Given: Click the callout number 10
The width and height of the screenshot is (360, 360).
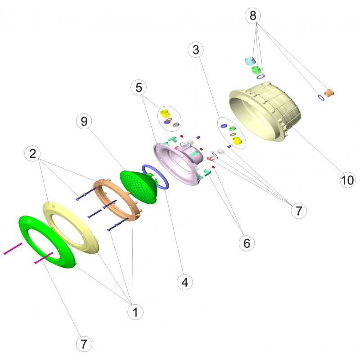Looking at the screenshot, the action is click(347, 180).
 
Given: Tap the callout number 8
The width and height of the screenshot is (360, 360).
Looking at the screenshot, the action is click(253, 16).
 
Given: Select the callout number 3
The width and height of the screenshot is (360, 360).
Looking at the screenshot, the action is click(196, 49).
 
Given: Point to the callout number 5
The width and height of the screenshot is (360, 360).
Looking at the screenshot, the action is click(139, 87).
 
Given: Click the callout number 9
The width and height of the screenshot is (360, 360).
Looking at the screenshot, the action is click(84, 121).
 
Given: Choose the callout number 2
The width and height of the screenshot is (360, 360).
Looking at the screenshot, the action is click(32, 153).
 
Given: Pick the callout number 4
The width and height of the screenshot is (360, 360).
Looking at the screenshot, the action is click(185, 282).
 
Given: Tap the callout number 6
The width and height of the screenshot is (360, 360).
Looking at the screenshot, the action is click(247, 243).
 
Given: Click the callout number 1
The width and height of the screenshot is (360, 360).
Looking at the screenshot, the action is click(135, 312).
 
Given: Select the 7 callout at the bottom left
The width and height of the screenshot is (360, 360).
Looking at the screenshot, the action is click(84, 344).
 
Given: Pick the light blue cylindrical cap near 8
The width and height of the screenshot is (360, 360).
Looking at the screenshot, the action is click(250, 61).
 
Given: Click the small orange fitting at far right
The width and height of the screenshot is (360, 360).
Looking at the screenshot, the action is click(329, 93).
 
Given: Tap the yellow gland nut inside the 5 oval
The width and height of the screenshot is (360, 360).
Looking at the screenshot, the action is click(165, 114).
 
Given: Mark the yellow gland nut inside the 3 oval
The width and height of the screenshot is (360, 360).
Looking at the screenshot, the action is click(237, 140).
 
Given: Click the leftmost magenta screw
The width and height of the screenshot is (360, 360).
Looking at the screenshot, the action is click(13, 248).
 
